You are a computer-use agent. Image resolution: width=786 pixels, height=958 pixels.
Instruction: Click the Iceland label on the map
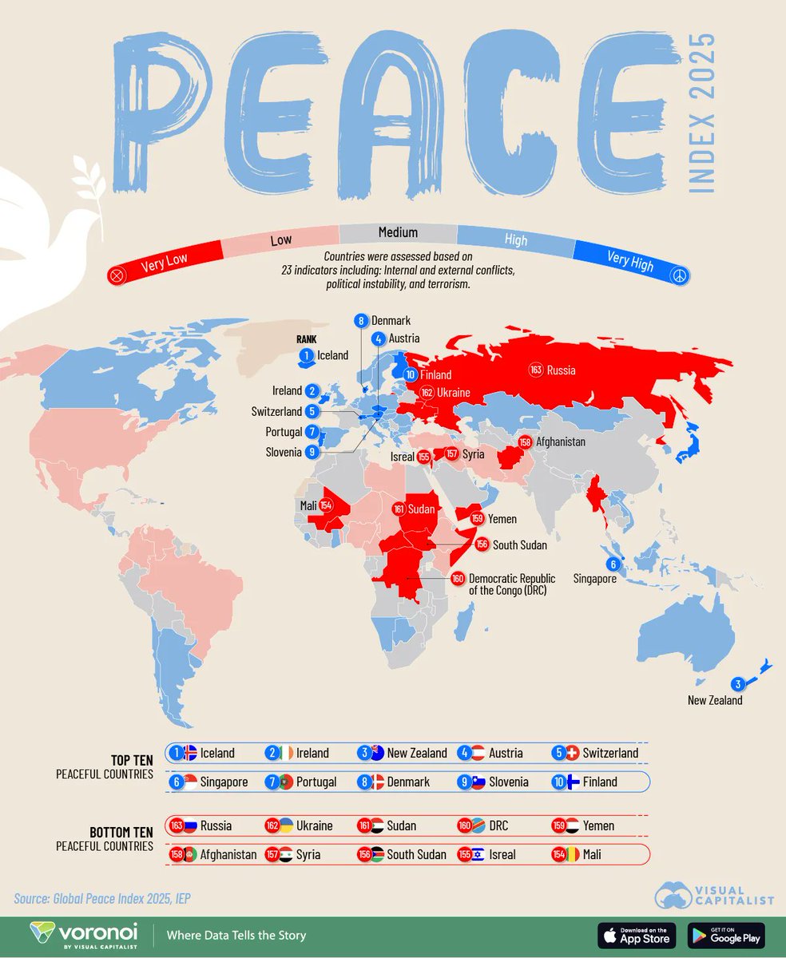coord(332,355)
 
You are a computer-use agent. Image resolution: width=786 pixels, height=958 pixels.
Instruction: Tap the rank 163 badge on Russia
coord(535,370)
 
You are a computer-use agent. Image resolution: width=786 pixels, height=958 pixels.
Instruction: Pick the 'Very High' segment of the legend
coord(629,259)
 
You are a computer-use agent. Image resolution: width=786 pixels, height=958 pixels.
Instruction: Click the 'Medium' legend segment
coord(398,232)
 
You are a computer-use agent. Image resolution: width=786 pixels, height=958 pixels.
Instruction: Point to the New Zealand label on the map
coord(715,700)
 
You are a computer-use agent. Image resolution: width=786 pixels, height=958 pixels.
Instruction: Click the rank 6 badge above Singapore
coord(613,564)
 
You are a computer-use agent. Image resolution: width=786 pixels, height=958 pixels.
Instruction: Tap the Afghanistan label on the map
coord(561,441)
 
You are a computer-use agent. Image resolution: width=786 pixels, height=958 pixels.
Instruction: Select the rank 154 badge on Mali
coord(326,505)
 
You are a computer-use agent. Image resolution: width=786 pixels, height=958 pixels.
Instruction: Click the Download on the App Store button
coord(637,934)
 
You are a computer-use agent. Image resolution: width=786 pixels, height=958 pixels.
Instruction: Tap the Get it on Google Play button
coord(725,934)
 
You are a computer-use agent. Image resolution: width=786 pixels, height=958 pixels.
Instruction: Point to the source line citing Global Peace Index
coord(101,898)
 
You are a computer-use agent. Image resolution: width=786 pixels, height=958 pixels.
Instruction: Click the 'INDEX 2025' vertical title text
coord(701,113)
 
